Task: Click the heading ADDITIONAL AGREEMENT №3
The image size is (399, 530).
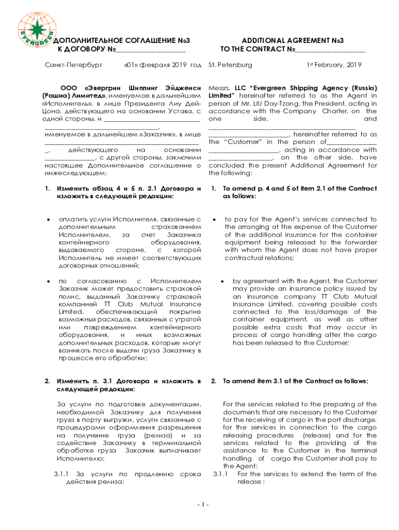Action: coord(293,40)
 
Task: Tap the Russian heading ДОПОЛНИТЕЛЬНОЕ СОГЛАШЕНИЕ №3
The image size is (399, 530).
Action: coord(121,40)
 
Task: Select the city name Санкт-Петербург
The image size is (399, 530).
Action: coord(73,65)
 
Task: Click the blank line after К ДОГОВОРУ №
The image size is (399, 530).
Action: coord(150,50)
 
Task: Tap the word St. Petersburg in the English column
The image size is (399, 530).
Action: coord(230,65)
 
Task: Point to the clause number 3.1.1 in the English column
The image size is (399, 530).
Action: coord(220,474)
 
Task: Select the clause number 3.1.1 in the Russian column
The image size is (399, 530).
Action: coord(62,474)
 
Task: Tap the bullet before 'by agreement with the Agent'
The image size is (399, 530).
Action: coord(221,281)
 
